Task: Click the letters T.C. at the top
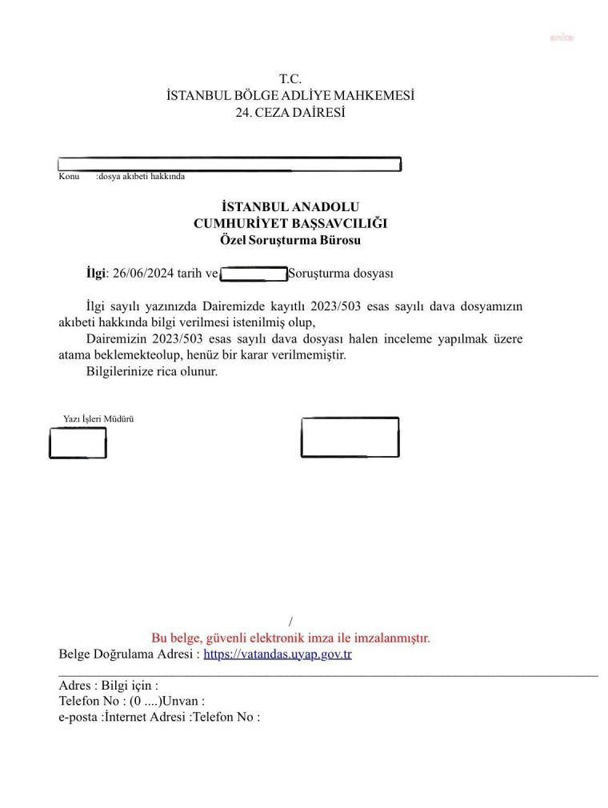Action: click(290, 79)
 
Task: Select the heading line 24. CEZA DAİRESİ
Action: click(290, 113)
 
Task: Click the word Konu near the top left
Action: click(69, 176)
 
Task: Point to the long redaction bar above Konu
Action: click(230, 164)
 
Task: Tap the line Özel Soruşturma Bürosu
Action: click(290, 239)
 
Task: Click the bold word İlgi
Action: click(95, 274)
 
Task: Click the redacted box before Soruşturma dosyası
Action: click(253, 274)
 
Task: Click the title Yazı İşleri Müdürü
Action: click(98, 418)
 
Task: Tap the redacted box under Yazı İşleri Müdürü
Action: click(78, 442)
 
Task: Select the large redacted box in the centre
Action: click(350, 437)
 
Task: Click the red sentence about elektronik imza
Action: click(290, 638)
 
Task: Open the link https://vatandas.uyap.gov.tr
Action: click(278, 654)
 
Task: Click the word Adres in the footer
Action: click(75, 686)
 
